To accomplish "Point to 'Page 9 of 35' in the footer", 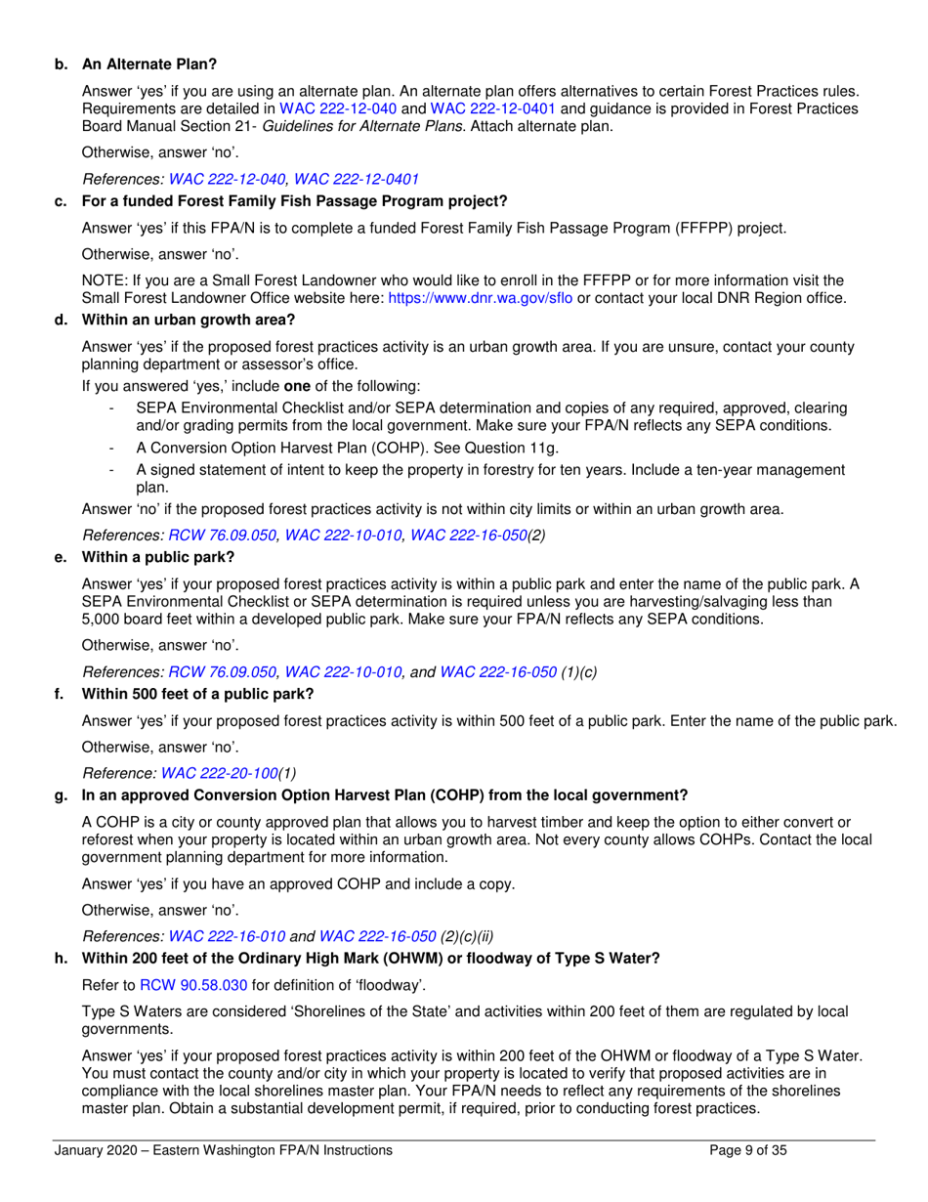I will (x=747, y=1151).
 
